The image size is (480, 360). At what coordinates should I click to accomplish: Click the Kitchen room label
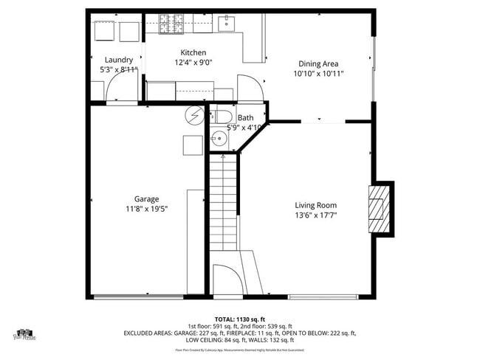[193, 52]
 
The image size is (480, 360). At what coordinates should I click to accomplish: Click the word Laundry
[119, 60]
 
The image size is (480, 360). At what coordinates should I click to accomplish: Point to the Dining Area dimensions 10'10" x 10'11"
[319, 74]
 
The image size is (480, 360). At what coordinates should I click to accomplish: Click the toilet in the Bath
[222, 117]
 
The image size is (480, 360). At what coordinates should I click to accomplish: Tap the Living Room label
[315, 205]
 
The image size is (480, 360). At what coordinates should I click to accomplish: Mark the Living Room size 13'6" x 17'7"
[315, 215]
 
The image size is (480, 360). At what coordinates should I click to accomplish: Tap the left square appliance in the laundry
[103, 31]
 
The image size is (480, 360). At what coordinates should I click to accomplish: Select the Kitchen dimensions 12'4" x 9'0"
[193, 63]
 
